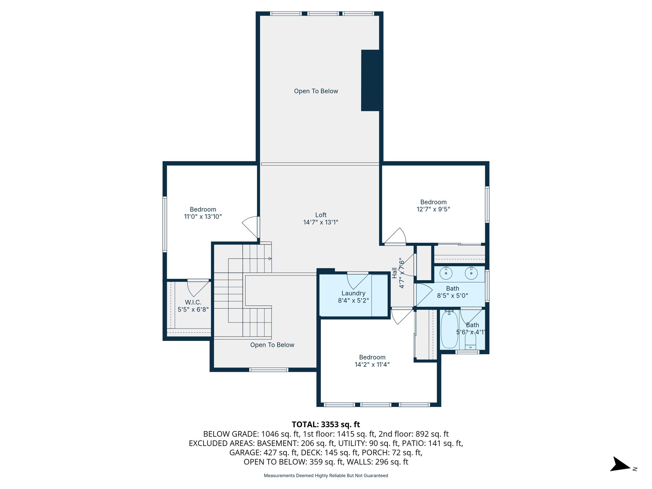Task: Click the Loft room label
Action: click(x=321, y=215)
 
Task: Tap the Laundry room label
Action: click(x=353, y=293)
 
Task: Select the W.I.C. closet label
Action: click(x=193, y=302)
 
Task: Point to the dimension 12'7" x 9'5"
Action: click(x=433, y=209)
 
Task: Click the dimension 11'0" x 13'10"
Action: click(x=203, y=216)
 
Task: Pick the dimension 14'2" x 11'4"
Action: click(x=372, y=365)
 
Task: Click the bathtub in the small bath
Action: click(x=449, y=330)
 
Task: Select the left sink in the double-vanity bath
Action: click(x=446, y=273)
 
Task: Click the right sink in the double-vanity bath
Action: click(x=471, y=273)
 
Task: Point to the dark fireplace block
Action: click(x=370, y=81)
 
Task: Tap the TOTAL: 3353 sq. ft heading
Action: click(x=326, y=424)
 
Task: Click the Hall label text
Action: click(x=394, y=273)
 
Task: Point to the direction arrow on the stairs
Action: click(x=270, y=259)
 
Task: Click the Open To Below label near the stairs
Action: click(x=272, y=345)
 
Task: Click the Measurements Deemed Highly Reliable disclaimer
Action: click(x=326, y=476)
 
